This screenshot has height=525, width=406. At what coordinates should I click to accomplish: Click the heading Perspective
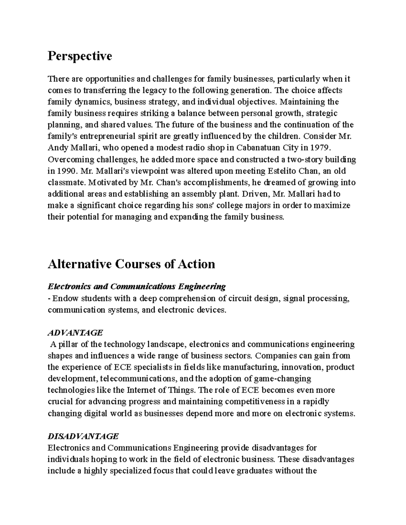(x=80, y=56)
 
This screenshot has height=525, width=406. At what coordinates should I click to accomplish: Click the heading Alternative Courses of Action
(x=131, y=264)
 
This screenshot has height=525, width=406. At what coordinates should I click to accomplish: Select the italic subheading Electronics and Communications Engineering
(x=137, y=287)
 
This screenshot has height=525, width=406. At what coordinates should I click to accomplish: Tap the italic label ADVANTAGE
(x=75, y=333)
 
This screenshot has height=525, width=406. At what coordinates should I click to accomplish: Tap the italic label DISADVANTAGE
(x=83, y=436)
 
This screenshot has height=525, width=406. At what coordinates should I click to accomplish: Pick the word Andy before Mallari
(x=58, y=148)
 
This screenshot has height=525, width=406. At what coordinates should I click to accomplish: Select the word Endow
(x=63, y=299)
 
